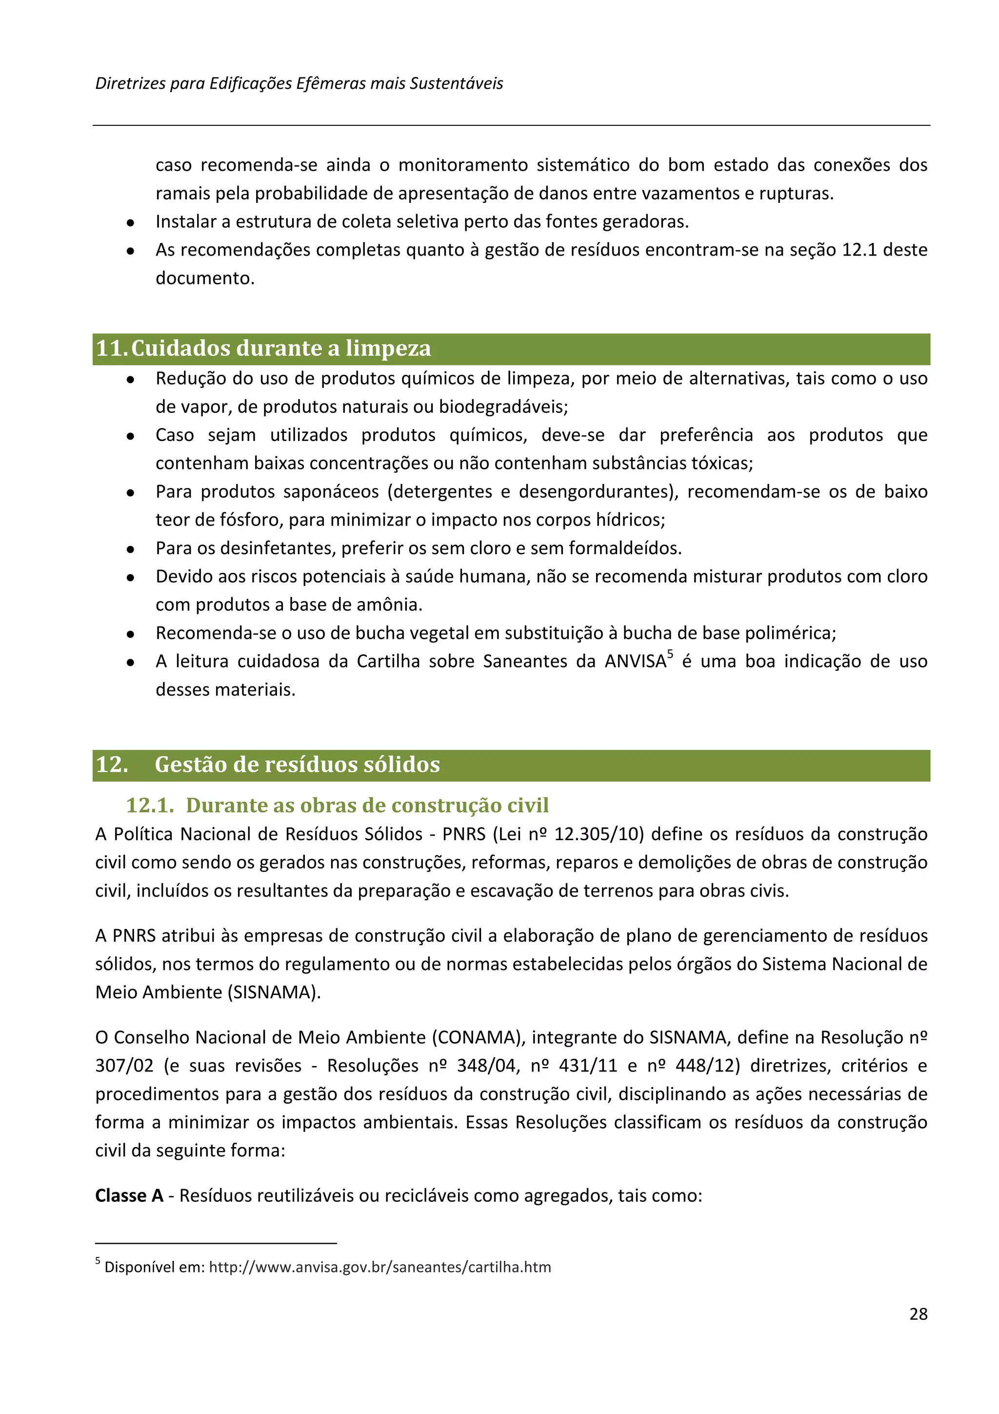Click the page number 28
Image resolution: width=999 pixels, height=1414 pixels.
[x=918, y=1313]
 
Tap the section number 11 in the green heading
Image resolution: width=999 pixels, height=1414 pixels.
[x=110, y=348]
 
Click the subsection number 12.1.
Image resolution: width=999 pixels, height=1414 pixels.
[x=150, y=805]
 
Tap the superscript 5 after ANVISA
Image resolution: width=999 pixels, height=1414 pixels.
[x=670, y=654]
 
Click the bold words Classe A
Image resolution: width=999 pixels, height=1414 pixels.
[x=129, y=1195]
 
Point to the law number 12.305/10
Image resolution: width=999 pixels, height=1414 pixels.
[x=599, y=834]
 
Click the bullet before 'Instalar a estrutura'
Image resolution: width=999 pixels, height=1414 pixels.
[x=131, y=223]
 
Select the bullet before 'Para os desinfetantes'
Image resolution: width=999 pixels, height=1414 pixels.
[x=131, y=549]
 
